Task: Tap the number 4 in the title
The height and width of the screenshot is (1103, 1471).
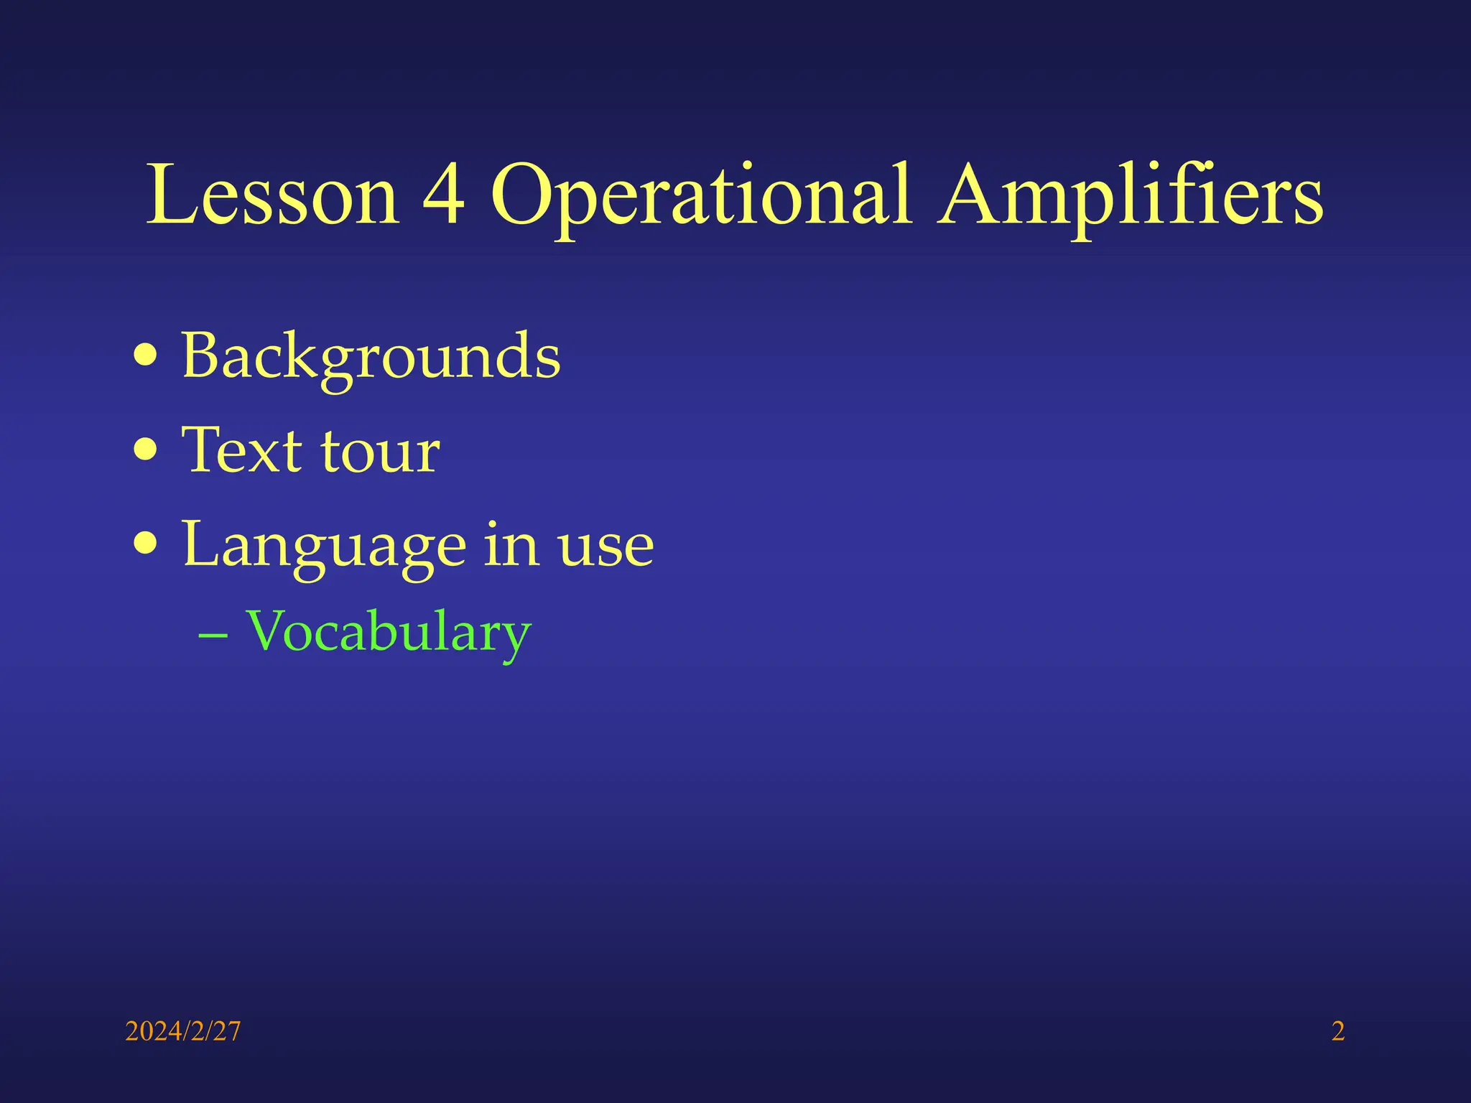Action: (444, 195)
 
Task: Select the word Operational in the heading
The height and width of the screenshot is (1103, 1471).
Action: (701, 195)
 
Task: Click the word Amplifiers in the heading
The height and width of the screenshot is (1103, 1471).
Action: (1131, 195)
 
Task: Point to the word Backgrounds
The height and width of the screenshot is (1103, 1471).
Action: (371, 357)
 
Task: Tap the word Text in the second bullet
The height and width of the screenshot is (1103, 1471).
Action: (241, 450)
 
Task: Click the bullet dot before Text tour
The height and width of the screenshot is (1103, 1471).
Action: (146, 450)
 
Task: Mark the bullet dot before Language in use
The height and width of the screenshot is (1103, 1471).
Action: (146, 544)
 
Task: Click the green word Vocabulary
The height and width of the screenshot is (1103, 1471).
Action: (388, 633)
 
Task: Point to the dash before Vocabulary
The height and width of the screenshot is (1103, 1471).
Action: (213, 635)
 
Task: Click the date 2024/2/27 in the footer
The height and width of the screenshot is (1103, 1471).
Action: (183, 1031)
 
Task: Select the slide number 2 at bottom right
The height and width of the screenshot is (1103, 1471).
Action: (1338, 1031)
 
